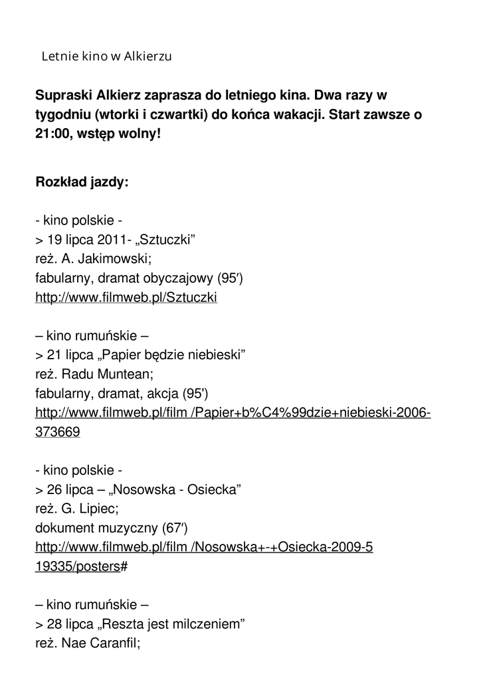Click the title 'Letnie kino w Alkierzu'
[x=106, y=56]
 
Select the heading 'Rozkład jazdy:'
[x=82, y=183]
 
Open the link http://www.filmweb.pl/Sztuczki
[x=126, y=298]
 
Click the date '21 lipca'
[x=70, y=355]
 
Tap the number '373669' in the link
[x=58, y=432]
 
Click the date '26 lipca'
[x=70, y=490]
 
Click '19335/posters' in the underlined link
[x=78, y=567]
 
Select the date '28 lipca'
[x=70, y=624]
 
